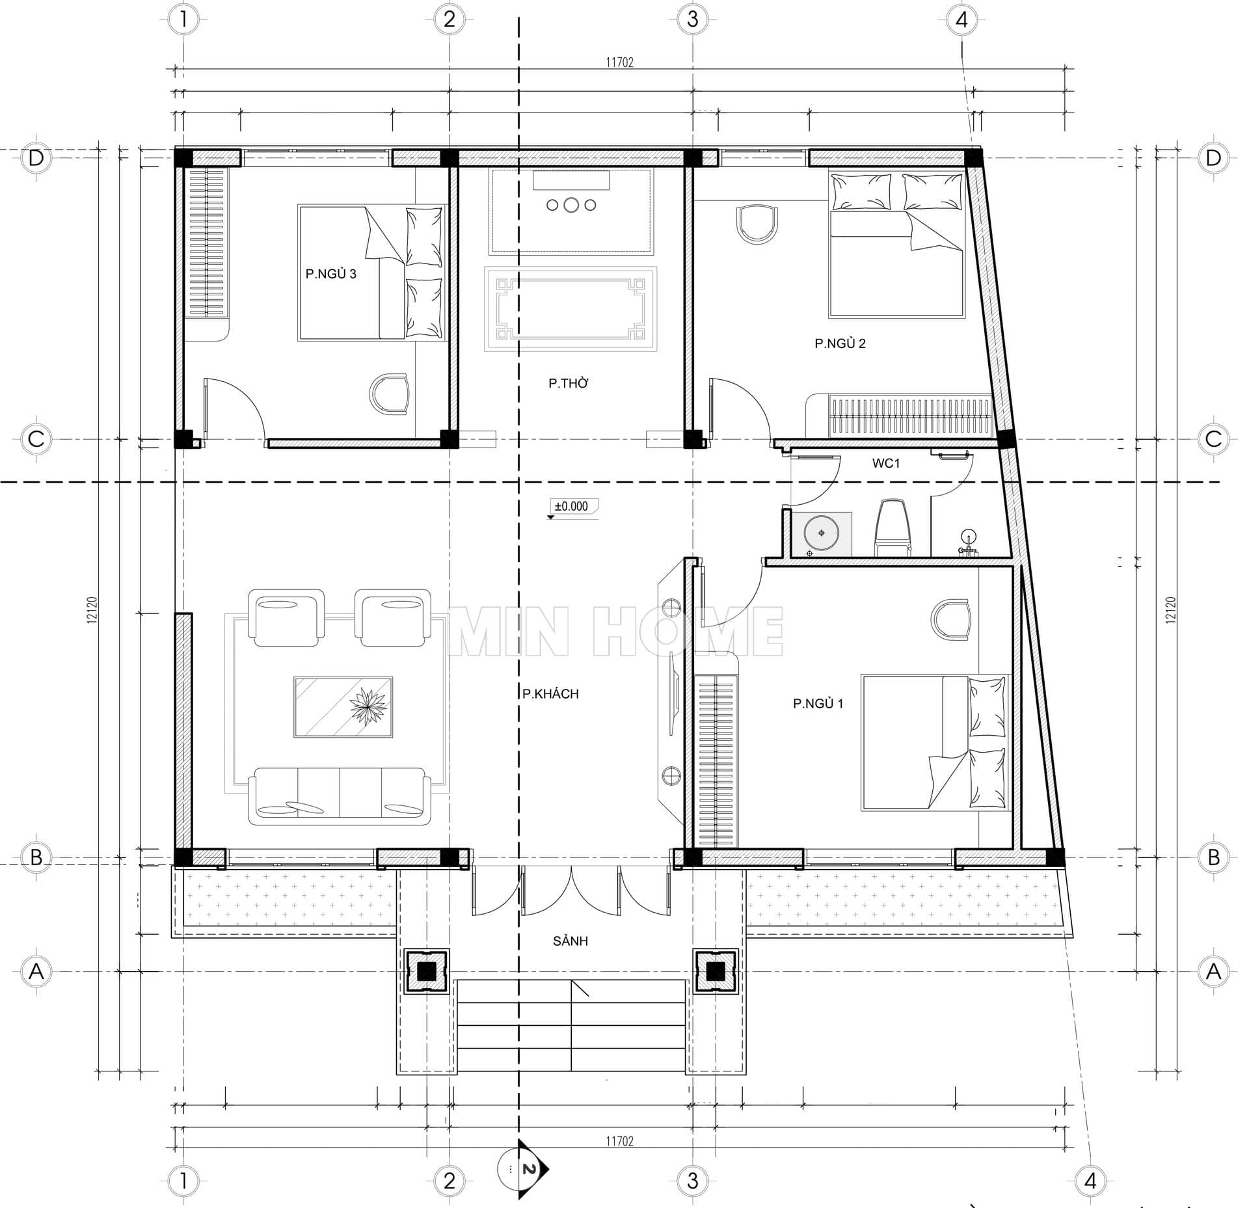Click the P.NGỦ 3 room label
[331, 273]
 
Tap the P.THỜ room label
[569, 383]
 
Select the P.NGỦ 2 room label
[840, 343]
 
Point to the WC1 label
[885, 463]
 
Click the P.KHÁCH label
[550, 693]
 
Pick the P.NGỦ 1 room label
[818, 703]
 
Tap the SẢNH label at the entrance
[571, 941]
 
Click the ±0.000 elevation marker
[571, 506]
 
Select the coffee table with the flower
[343, 706]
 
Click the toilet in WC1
[892, 528]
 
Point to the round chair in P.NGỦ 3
[390, 394]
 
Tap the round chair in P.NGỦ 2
[757, 224]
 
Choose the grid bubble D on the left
[36, 158]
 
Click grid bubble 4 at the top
[961, 20]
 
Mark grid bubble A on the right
[1213, 972]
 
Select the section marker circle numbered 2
[514, 1170]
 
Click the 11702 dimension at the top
[619, 62]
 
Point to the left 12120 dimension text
[92, 610]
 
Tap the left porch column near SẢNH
[426, 971]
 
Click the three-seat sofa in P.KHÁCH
[340, 796]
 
